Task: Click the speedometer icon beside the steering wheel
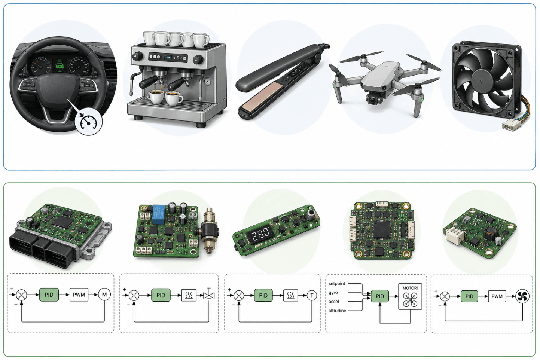(88, 122)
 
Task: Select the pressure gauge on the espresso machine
(207, 82)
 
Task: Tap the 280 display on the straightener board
(260, 234)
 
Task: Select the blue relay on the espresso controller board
(159, 214)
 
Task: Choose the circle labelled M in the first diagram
(104, 295)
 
